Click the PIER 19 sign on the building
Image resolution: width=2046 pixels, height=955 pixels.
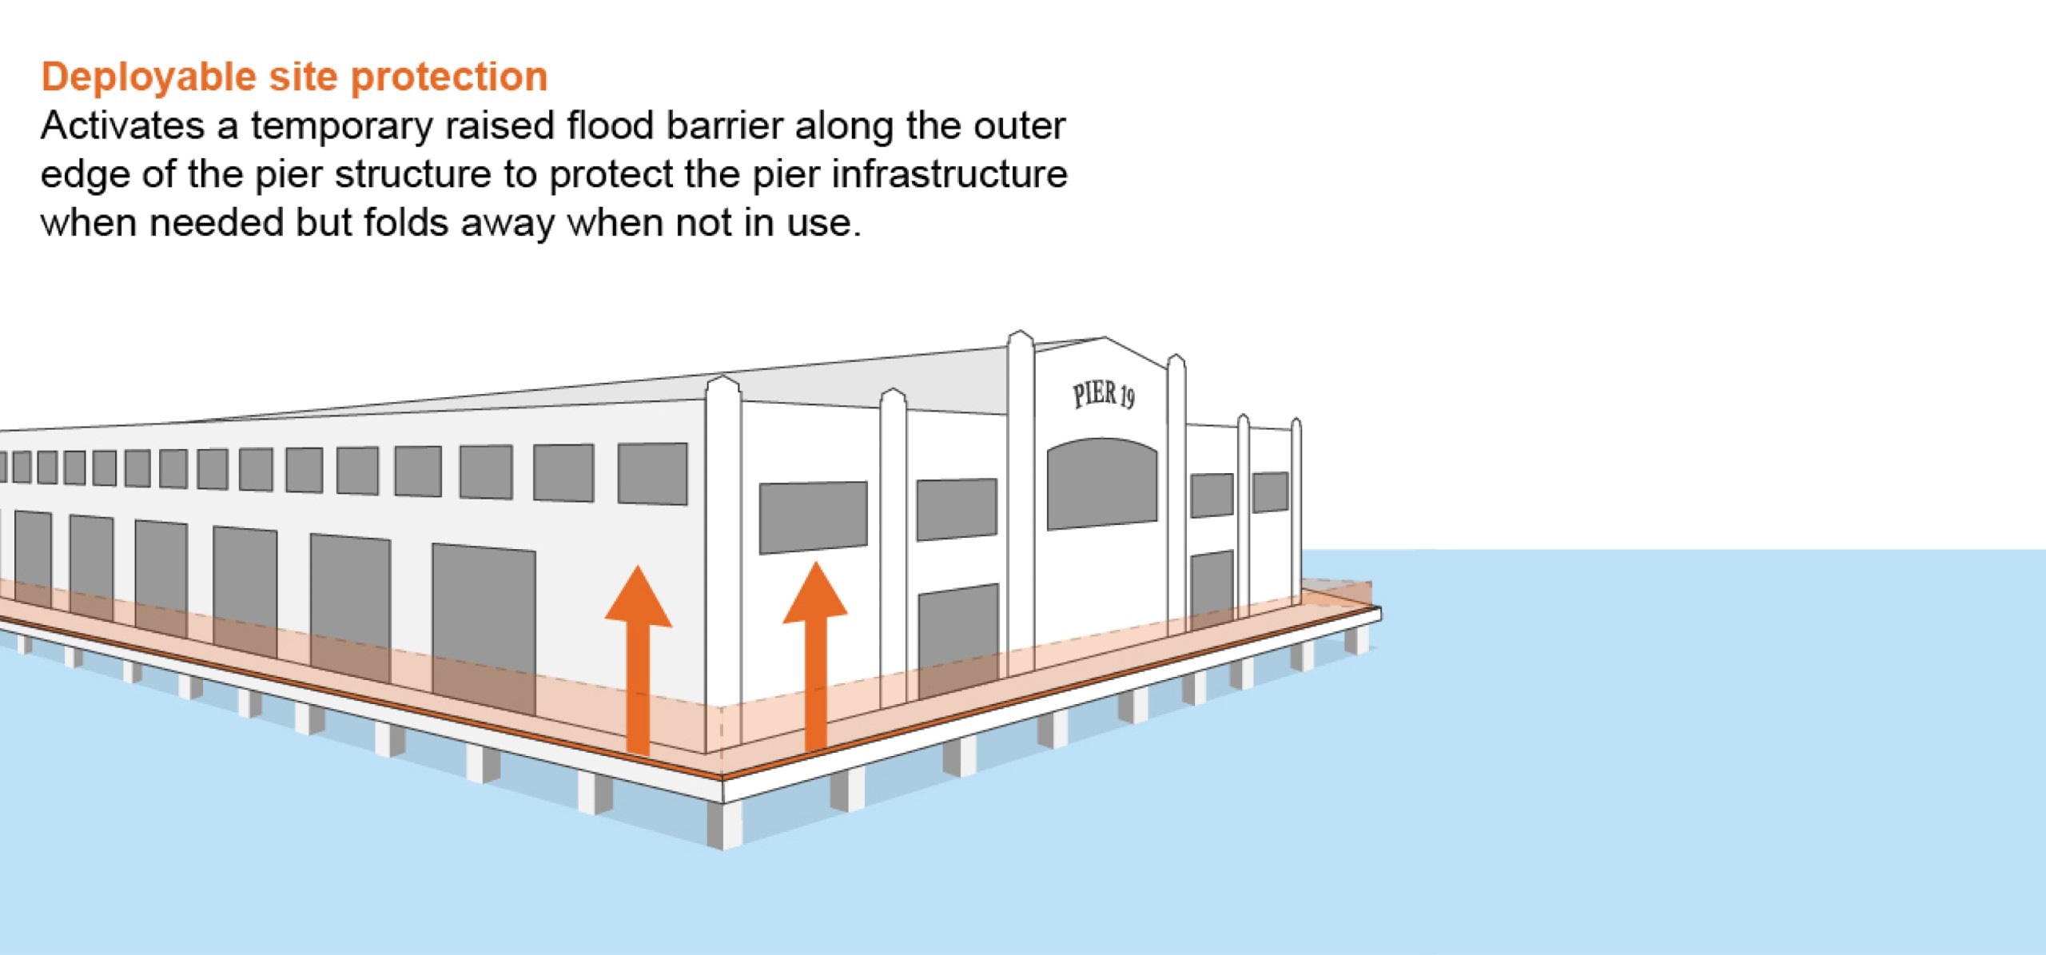1104,395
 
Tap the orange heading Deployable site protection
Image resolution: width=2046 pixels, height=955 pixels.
294,78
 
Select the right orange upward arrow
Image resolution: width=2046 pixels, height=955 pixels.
815,655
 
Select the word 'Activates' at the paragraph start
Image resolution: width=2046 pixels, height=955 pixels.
123,126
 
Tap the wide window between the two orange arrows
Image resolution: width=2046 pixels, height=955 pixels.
813,516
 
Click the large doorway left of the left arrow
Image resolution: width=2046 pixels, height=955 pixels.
484,627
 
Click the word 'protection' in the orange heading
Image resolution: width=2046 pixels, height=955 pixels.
449,78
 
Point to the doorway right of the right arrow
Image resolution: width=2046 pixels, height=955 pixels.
958,639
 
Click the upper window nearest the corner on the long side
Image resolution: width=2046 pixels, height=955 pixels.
652,473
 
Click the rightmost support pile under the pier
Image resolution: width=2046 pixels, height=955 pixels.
1355,640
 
